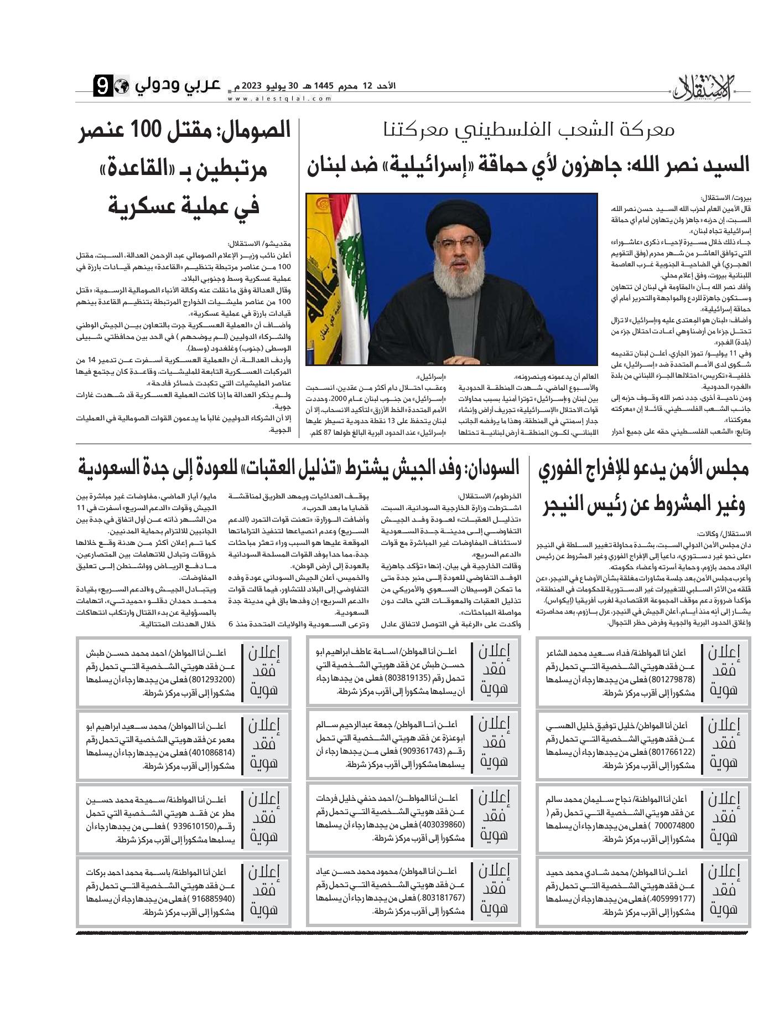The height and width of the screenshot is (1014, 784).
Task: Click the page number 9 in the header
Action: point(103,86)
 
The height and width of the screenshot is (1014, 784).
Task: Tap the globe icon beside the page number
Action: point(122,86)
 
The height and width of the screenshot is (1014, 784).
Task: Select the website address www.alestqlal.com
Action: point(279,99)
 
